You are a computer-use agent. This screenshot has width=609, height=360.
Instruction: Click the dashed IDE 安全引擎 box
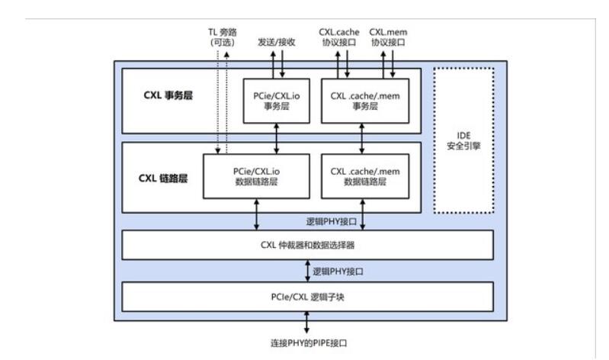pos(464,140)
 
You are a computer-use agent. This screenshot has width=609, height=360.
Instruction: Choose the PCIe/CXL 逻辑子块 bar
pos(308,296)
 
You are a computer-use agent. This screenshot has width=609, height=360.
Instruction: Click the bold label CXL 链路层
pos(163,179)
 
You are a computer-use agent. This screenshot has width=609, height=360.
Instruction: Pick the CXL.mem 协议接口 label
pos(387,37)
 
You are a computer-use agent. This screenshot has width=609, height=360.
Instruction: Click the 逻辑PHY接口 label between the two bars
pos(337,270)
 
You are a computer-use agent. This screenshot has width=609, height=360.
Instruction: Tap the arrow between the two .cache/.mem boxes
pos(361,139)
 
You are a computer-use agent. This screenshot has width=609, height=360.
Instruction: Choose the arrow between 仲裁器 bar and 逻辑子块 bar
pos(308,270)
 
